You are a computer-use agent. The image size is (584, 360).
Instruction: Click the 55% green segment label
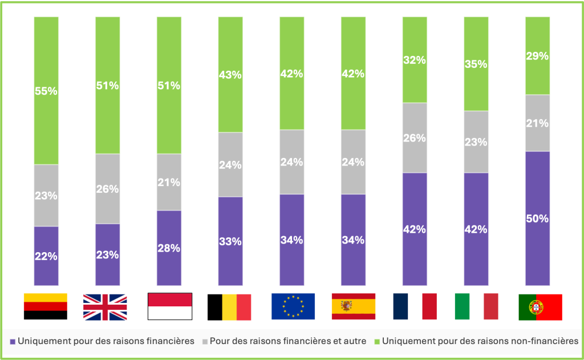[x=46, y=91]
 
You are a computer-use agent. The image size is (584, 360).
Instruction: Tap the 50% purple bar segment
[x=537, y=218]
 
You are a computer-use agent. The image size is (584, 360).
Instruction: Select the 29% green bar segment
[x=537, y=55]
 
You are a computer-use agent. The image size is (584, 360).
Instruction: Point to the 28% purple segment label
[x=169, y=248]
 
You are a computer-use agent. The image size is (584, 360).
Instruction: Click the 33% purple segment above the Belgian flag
[x=230, y=240]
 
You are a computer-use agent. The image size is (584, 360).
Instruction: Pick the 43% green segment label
[x=230, y=75]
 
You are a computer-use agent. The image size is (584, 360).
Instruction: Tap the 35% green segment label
[x=476, y=64]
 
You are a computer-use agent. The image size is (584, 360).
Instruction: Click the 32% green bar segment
[x=415, y=60]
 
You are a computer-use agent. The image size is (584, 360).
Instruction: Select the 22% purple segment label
[x=46, y=256]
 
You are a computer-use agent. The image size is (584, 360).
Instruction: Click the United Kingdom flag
[x=105, y=306]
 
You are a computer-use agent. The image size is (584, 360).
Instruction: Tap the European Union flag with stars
[x=293, y=306]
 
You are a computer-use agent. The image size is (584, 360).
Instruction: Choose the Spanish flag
[x=354, y=306]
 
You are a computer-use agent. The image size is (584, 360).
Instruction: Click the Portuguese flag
[x=540, y=307]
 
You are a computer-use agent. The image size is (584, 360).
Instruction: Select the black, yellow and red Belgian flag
[x=229, y=306]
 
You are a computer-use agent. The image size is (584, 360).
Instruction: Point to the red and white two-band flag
[x=170, y=306]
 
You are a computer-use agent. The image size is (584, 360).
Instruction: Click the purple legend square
[x=13, y=342]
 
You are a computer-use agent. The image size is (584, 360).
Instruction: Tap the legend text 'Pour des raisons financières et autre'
[x=287, y=341]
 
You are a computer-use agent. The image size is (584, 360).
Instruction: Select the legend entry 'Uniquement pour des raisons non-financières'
[x=480, y=341]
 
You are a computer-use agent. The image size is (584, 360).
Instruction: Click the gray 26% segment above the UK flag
[x=107, y=189]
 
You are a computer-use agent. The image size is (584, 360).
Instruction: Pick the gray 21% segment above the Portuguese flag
[x=537, y=123]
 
